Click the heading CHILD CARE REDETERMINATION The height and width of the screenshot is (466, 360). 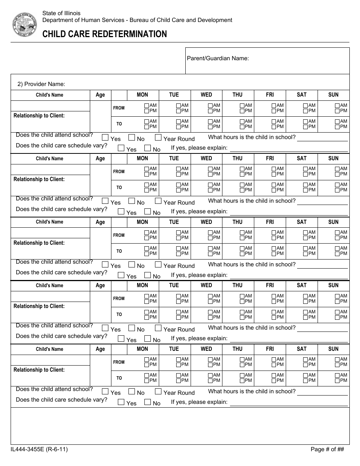105,34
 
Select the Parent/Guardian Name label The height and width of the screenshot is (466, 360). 218,58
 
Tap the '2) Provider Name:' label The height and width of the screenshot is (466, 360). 41,84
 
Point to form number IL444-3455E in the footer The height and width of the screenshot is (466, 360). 39,449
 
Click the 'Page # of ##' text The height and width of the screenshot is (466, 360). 327,449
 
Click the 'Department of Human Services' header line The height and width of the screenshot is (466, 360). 137,20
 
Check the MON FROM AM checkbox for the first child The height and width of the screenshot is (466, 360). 147,105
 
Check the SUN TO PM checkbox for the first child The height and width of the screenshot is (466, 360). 338,127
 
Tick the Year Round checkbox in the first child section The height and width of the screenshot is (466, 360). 158,138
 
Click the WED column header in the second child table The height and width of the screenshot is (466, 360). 206,158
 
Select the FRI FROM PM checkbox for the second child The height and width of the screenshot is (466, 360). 274,174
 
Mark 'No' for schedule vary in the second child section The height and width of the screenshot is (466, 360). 148,211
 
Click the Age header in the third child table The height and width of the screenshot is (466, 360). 100,222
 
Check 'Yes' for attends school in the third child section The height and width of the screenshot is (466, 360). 105,264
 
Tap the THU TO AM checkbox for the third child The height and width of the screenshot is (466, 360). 242,248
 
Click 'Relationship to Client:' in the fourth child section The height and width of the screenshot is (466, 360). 39,306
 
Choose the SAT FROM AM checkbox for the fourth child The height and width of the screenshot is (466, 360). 306,296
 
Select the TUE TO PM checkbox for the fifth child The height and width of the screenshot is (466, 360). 178,380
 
